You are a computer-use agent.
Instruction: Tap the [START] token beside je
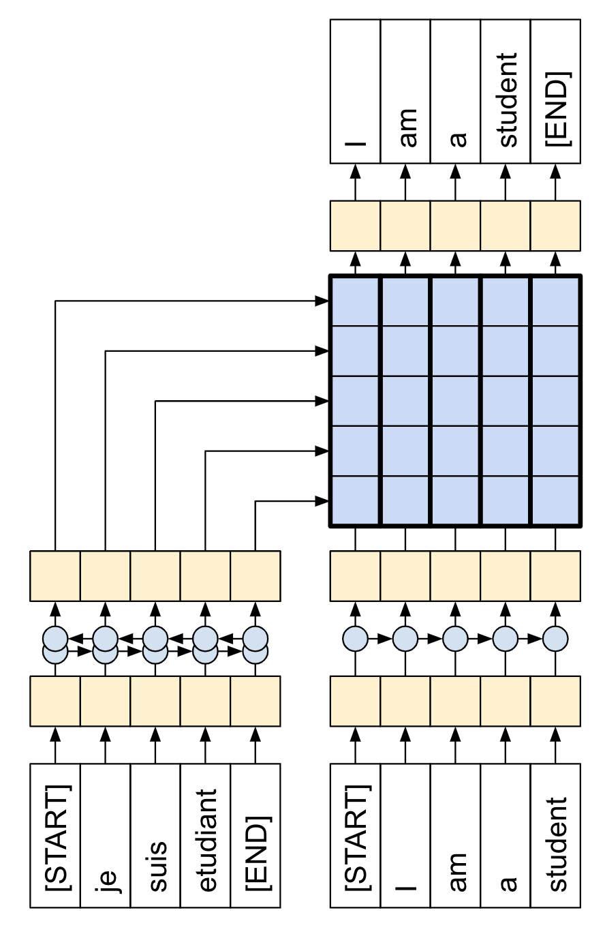click(x=56, y=836)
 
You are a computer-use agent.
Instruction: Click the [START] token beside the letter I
click(x=356, y=836)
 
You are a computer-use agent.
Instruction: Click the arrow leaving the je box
click(x=106, y=744)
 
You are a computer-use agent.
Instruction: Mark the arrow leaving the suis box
click(x=155, y=744)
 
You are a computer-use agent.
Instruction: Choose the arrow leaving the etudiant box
click(x=205, y=744)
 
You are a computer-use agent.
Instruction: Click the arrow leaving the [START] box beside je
click(x=56, y=744)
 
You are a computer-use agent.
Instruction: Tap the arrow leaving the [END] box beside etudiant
click(x=255, y=744)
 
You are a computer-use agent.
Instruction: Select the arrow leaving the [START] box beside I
click(x=356, y=744)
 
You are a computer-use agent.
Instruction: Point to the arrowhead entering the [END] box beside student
click(x=555, y=171)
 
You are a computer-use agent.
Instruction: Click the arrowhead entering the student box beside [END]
click(x=506, y=171)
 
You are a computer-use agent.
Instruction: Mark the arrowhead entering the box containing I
click(x=356, y=171)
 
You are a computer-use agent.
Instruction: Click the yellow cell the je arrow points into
click(x=106, y=701)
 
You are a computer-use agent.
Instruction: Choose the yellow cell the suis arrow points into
click(x=155, y=701)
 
